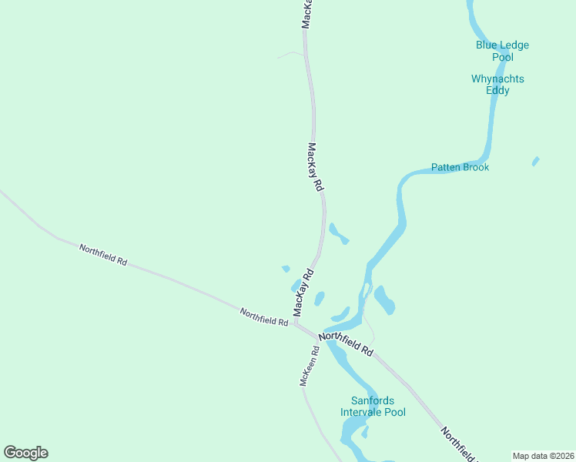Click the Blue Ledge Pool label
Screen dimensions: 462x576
[x=502, y=51]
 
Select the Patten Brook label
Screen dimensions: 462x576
[x=460, y=167]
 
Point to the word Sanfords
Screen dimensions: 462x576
[x=373, y=400]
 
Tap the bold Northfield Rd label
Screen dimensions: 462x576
[x=347, y=343]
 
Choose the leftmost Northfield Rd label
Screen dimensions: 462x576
[x=103, y=254]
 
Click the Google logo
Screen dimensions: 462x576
[x=25, y=453]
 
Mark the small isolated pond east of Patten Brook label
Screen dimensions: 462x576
[x=535, y=161]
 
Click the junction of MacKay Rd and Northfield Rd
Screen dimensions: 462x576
[x=296, y=323]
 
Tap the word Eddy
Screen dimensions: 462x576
[x=497, y=90]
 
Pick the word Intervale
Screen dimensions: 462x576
[x=363, y=412]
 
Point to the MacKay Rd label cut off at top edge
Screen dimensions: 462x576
[x=306, y=14]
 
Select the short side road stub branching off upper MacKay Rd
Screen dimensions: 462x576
[x=290, y=54]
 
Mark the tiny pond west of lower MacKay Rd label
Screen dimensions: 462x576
[x=286, y=269]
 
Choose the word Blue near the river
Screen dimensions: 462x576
[x=487, y=45]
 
